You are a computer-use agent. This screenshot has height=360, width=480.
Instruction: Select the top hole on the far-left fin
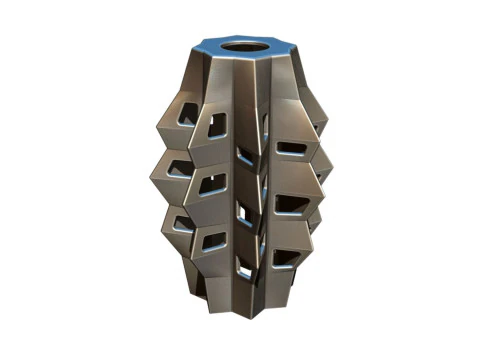click(x=184, y=120)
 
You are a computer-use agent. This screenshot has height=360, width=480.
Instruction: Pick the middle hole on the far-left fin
click(x=179, y=171)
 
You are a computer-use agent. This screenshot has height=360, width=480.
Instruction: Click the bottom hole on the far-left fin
click(x=182, y=222)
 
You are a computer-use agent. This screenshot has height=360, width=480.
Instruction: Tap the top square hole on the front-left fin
click(x=215, y=126)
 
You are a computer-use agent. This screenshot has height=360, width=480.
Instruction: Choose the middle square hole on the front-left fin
click(x=213, y=183)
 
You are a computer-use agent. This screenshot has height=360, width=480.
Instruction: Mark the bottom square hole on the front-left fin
click(x=214, y=240)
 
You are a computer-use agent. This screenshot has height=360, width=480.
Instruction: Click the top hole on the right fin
click(x=291, y=148)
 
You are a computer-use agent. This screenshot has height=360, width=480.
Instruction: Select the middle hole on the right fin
click(x=291, y=204)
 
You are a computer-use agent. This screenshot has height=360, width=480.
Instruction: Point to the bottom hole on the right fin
click(x=286, y=258)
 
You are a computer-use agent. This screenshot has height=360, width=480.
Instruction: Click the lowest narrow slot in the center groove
click(x=243, y=266)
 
